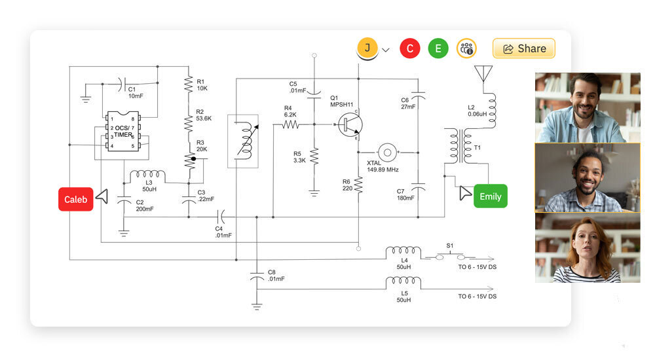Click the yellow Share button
[523, 48]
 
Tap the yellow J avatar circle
[367, 48]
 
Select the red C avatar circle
[410, 48]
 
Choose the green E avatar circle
[438, 48]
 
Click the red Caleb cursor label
[76, 199]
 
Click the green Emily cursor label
[490, 196]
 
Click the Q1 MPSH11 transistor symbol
[349, 124]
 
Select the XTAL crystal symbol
[387, 152]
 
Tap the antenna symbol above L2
[483, 72]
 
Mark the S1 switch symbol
[449, 256]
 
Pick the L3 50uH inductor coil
[147, 177]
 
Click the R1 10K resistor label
[202, 84]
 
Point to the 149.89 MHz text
[383, 170]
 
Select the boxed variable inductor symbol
[242, 141]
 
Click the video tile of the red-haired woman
[587, 247]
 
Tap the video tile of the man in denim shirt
[587, 107]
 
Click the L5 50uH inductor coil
[403, 283]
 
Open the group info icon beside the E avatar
[466, 48]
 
